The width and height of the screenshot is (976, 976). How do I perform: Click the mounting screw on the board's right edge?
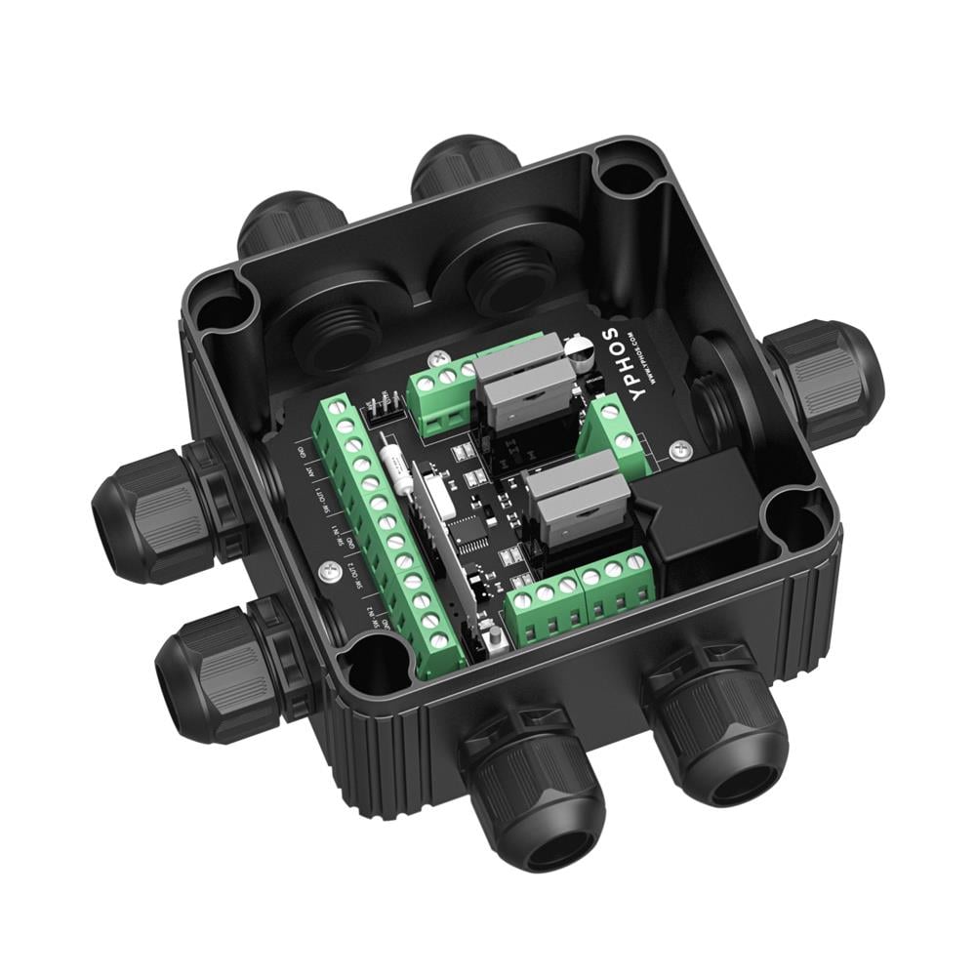[680, 448]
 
